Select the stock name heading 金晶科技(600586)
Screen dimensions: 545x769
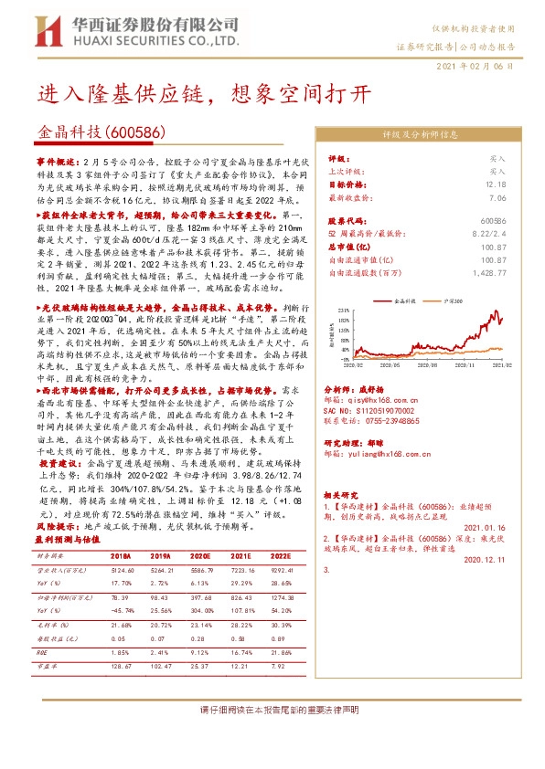(102, 132)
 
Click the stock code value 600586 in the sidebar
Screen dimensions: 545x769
(493, 221)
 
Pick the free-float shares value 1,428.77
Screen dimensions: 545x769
(487, 273)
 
